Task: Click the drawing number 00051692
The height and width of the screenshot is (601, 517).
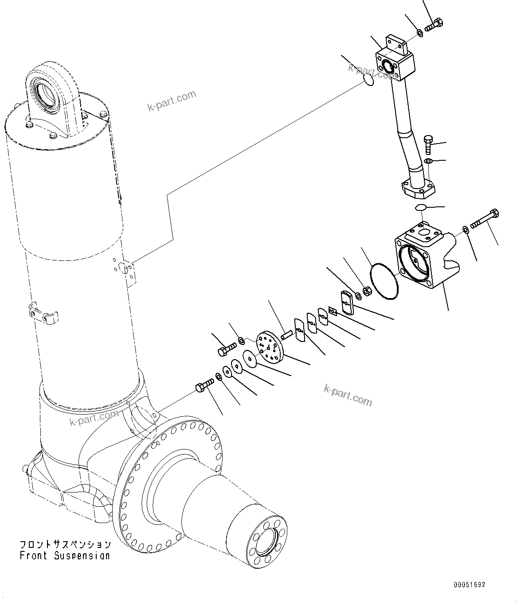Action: pos(469,585)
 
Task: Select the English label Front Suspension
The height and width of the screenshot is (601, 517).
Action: pos(65,555)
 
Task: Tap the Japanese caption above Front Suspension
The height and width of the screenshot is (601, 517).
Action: pos(65,544)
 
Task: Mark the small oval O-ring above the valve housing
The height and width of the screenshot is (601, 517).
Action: pos(421,208)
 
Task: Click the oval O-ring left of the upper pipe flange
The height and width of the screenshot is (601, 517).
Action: pos(368,79)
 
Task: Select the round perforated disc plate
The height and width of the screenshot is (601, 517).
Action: pos(270,347)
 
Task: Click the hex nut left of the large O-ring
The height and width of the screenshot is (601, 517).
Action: pos(367,291)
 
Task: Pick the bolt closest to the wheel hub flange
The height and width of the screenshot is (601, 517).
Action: pos(204,386)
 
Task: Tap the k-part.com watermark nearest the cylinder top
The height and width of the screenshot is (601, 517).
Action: pos(172,101)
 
